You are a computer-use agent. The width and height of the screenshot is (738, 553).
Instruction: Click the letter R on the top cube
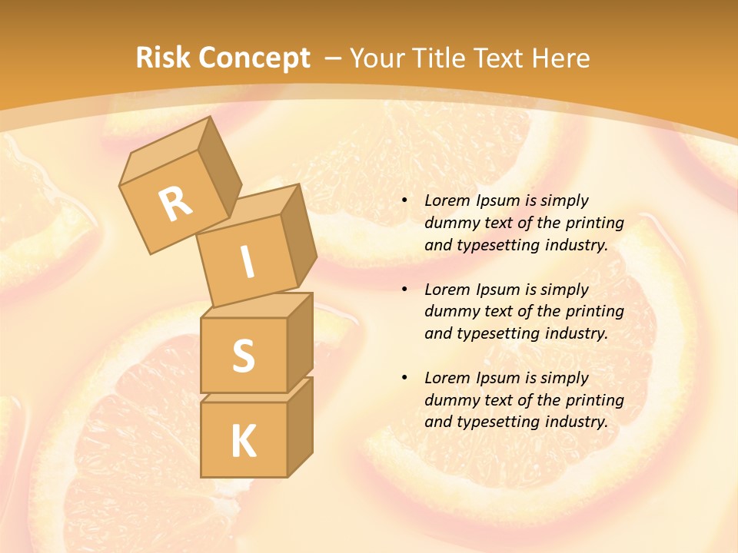(x=175, y=204)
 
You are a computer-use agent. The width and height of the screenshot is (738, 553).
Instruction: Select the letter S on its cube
(x=243, y=356)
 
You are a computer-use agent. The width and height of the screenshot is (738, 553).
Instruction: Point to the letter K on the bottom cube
(x=243, y=442)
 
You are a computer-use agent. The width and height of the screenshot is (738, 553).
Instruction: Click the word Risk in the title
(x=163, y=58)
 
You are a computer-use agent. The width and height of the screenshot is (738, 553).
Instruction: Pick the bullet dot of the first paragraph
(x=404, y=200)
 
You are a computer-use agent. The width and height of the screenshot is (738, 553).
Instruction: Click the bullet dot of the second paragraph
(x=404, y=290)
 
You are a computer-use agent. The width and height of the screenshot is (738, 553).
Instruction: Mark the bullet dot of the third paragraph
(x=404, y=378)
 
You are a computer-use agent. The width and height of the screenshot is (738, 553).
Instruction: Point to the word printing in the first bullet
(x=597, y=223)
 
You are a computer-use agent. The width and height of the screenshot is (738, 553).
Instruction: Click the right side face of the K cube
(x=300, y=426)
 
